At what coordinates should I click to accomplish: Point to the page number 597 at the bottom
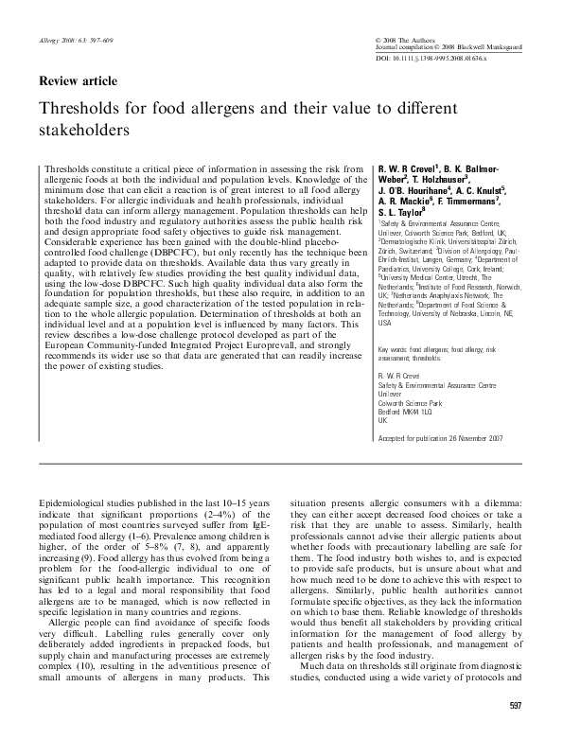tap(515, 706)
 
